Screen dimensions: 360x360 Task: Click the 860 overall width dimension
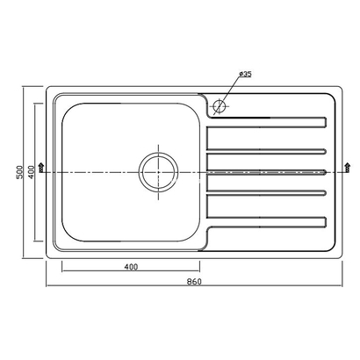(194, 281)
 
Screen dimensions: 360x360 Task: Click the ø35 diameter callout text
(244, 74)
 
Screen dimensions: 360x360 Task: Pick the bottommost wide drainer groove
(269, 220)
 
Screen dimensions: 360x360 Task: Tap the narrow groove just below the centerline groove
(267, 190)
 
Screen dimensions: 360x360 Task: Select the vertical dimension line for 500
(24, 220)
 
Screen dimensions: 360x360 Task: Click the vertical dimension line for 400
(36, 211)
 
